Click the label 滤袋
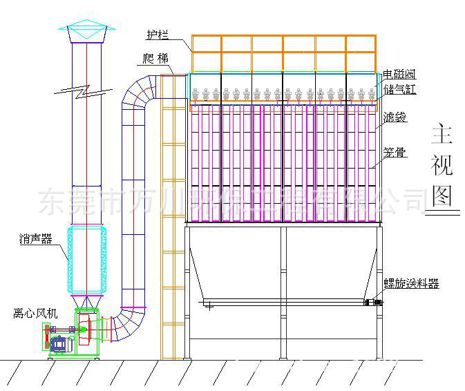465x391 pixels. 395,118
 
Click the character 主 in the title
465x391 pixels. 442,134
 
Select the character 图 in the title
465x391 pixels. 442,195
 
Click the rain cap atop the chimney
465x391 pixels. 86,31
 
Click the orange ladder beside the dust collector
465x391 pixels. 172,221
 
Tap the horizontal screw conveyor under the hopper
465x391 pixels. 283,302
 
